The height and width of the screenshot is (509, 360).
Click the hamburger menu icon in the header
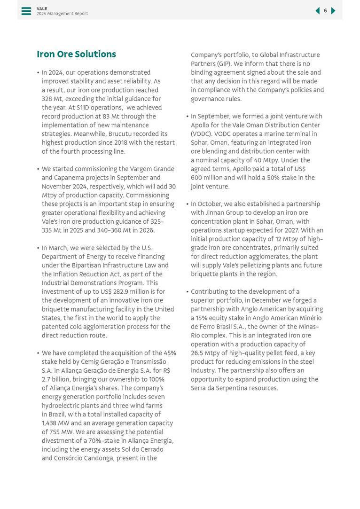(x=26, y=11)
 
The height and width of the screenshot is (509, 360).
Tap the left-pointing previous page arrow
(x=318, y=11)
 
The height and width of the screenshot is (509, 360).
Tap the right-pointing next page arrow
(x=333, y=11)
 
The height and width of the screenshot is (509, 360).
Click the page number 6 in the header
(x=325, y=11)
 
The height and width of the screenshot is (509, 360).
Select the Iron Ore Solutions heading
(x=76, y=54)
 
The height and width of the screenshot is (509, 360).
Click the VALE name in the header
(x=42, y=8)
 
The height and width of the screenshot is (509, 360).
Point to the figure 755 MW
(x=55, y=432)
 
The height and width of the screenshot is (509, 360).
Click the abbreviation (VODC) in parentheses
(x=201, y=134)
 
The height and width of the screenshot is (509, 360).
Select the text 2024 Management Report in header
(x=62, y=14)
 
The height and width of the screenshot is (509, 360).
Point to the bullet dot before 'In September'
(x=187, y=117)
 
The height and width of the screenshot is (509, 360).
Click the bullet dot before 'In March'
(x=38, y=248)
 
